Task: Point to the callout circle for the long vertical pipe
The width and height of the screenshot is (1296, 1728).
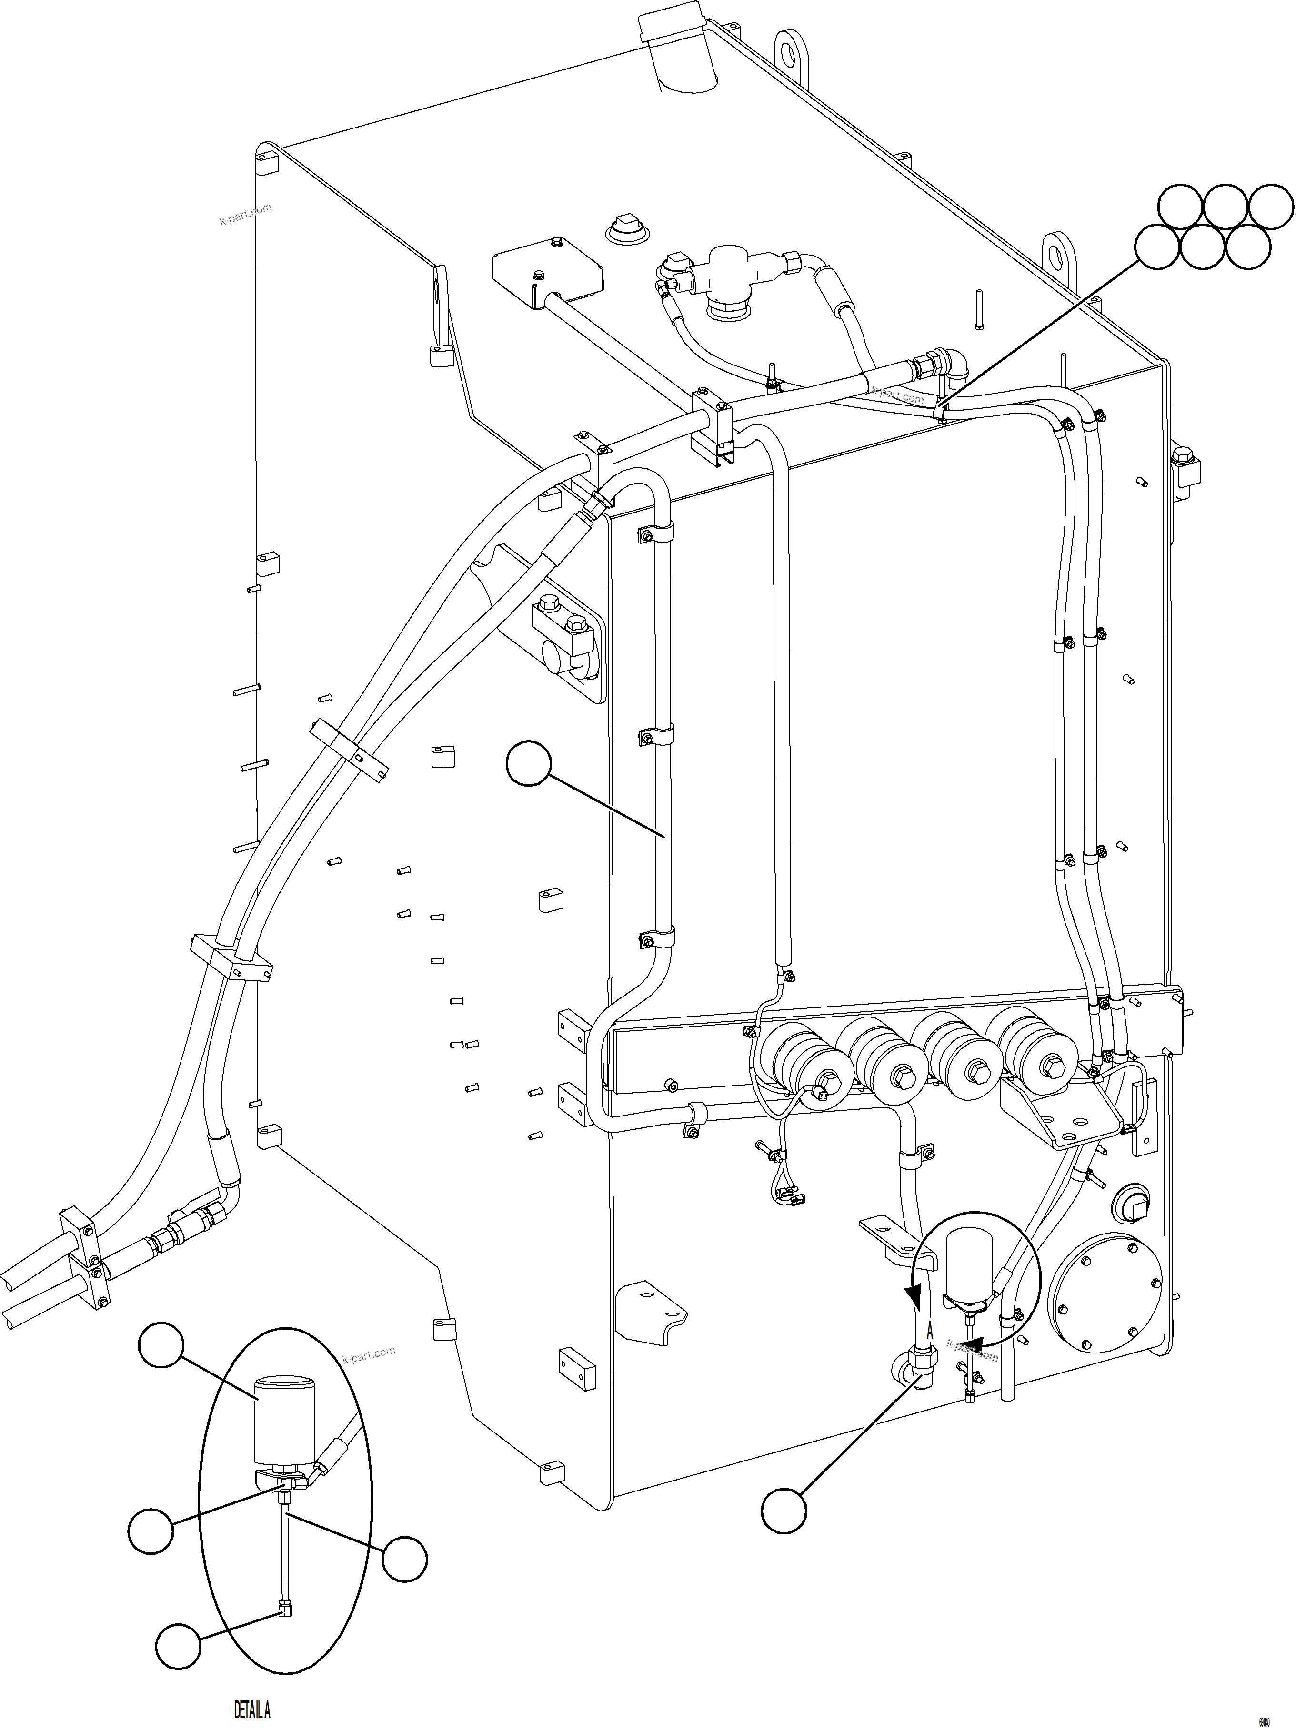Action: click(x=529, y=764)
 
